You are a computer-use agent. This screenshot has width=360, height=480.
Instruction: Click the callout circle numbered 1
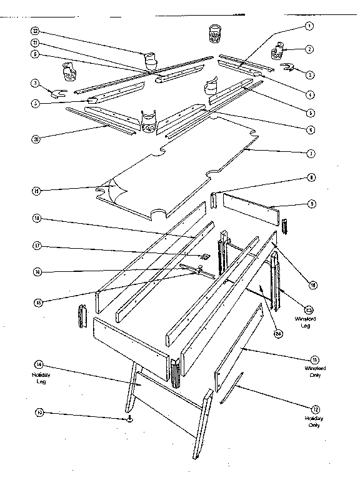pos(308,27)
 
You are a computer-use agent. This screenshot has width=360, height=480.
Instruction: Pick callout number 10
pos(313,284)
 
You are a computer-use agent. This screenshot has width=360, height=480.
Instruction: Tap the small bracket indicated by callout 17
pos(204,256)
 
